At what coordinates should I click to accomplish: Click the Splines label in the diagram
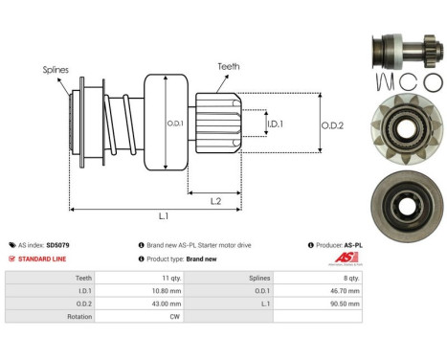[55, 70]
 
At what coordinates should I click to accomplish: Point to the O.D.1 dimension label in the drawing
[175, 123]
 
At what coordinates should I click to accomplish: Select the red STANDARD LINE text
[42, 259]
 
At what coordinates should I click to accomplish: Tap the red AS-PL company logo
[345, 259]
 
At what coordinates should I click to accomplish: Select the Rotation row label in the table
[78, 317]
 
